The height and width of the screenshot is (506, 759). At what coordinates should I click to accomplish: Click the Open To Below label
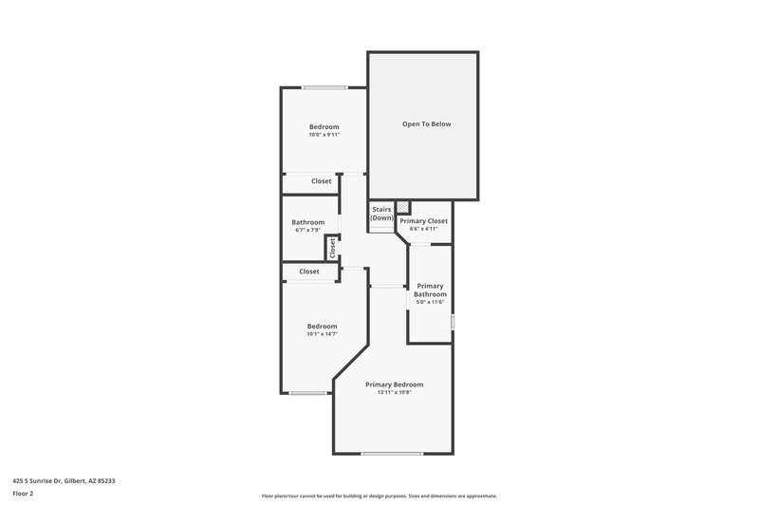coord(426,124)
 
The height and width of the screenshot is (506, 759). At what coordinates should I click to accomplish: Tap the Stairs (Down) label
coord(381,214)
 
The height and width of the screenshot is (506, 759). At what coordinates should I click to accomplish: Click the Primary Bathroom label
coord(429,290)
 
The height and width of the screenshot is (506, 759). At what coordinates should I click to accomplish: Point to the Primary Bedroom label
coord(394,384)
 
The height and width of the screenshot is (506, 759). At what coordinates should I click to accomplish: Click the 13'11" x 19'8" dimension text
coord(394,392)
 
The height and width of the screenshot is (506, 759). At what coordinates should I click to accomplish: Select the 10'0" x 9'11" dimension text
coord(324,135)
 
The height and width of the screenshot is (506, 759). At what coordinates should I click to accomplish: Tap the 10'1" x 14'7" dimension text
coord(322,334)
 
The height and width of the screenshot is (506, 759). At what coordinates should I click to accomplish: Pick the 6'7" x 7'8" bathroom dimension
coord(307,230)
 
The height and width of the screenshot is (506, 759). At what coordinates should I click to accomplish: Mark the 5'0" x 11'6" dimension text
coord(429,302)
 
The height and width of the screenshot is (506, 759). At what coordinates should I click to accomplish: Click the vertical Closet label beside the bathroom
coord(333,248)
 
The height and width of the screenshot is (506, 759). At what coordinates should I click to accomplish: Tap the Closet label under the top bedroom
coord(322,180)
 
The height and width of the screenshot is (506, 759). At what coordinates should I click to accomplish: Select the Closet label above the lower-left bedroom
coord(309,272)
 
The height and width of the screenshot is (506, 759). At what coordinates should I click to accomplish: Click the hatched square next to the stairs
coord(403,207)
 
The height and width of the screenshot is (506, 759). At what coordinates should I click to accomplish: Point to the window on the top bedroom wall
coord(324,88)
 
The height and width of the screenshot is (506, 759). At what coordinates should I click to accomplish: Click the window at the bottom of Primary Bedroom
coord(392,453)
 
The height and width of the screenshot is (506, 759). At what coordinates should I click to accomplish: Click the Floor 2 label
coord(23,494)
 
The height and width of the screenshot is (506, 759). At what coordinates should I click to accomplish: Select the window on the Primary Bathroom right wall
coord(453,323)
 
